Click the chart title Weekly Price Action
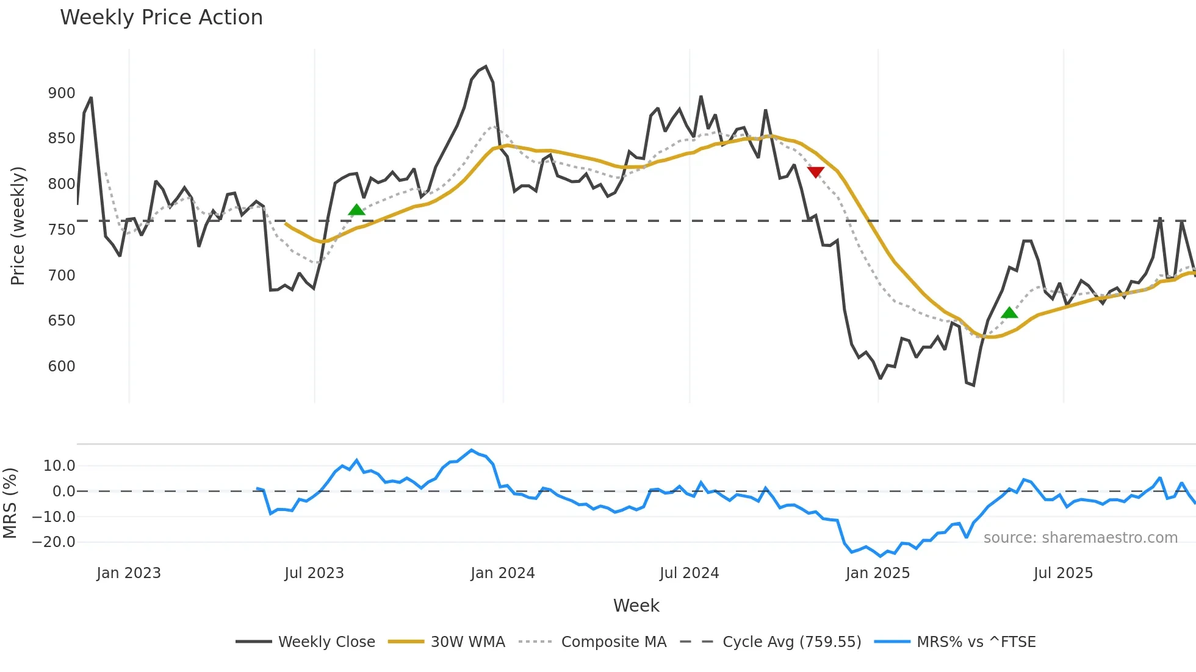pos(161,18)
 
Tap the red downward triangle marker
pos(815,172)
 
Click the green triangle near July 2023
pos(356,210)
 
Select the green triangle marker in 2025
pos(1009,313)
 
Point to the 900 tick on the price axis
pos(62,93)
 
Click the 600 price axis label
pos(62,366)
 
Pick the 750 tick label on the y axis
pos(62,230)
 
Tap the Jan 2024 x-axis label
pos(502,573)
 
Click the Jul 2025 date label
pos(1063,573)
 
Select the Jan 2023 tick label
pos(129,573)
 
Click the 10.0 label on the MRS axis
pos(59,466)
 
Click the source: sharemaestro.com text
pos(1080,538)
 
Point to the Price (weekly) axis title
pos(18,226)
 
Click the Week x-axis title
pos(636,606)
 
